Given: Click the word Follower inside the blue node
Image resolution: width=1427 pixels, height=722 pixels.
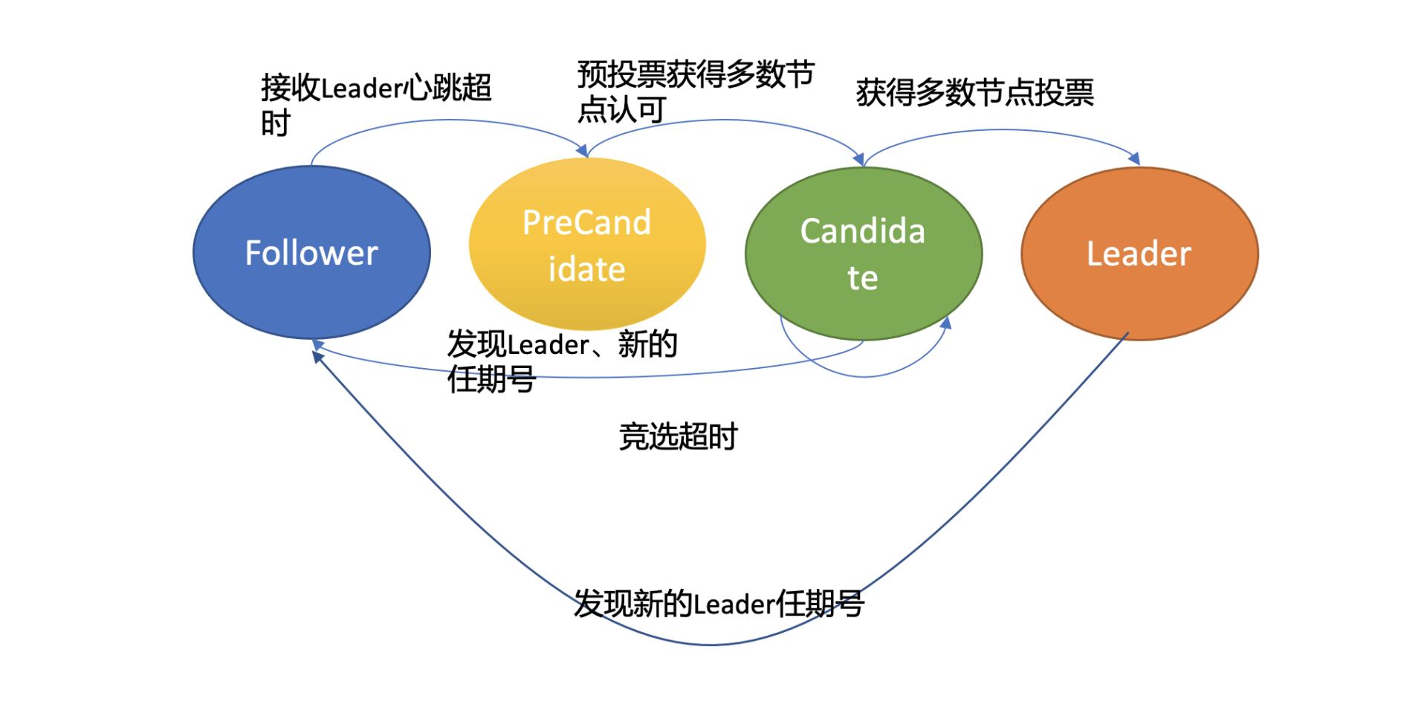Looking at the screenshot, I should [311, 254].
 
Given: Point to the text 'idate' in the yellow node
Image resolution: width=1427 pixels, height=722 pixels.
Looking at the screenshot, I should [586, 270].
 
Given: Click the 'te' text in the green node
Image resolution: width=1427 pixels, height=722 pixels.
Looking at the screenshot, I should [862, 279].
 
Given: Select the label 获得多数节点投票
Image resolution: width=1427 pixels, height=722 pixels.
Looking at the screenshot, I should [974, 93].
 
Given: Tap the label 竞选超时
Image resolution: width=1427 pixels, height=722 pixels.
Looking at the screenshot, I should [678, 436].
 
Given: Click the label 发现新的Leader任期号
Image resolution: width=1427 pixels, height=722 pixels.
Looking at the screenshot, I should [719, 603].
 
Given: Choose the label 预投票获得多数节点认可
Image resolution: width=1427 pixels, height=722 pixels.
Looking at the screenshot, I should [696, 91].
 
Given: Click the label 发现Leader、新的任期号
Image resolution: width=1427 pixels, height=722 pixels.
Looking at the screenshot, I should [562, 361].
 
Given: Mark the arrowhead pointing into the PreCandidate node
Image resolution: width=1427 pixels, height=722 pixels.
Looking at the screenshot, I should [583, 151].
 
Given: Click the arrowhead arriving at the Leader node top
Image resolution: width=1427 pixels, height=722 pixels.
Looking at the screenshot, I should [1135, 158].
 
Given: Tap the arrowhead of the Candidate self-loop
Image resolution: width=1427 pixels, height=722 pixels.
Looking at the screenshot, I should [946, 323].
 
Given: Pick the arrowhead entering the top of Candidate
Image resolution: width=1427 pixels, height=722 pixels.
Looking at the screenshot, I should [859, 160].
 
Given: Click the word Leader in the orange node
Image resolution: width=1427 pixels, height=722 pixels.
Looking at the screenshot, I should [1139, 254].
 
